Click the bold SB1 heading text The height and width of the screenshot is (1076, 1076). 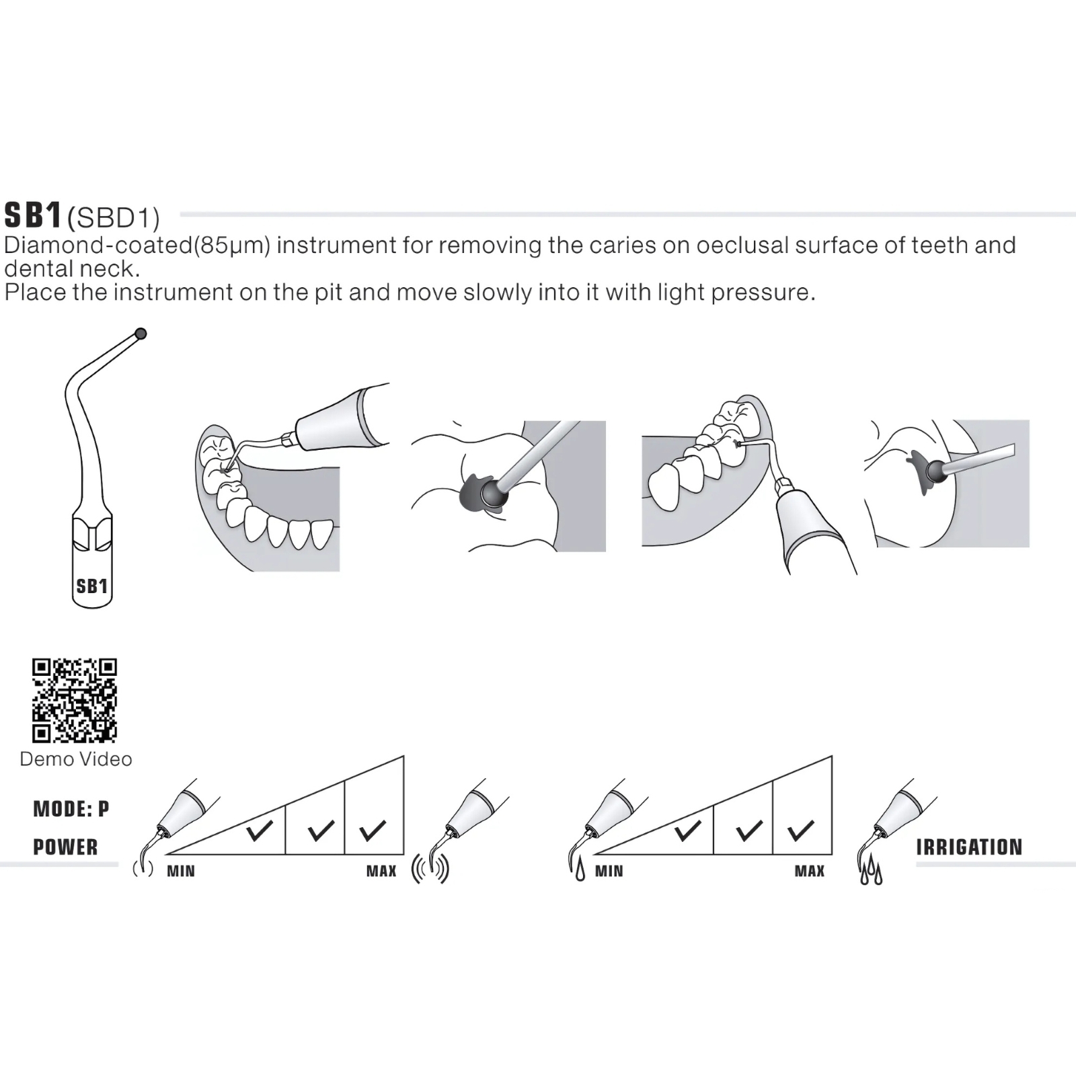point(34,215)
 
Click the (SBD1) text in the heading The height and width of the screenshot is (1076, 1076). point(114,218)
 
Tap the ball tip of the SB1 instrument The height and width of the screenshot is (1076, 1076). point(141,334)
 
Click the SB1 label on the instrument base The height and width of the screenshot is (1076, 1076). point(92,586)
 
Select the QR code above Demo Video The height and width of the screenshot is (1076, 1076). point(75,701)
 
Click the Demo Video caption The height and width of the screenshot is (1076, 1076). point(76,759)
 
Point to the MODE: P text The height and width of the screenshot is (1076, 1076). point(71,808)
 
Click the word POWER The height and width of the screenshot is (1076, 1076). point(66,847)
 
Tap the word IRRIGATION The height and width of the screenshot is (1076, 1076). point(969,847)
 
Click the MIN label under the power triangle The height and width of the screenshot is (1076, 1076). point(181,872)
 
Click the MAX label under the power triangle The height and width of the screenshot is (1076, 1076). point(381,872)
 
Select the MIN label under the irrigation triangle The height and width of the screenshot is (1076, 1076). point(609,872)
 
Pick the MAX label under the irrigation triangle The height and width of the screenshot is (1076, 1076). point(810,872)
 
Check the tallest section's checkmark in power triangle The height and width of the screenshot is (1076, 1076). point(373,831)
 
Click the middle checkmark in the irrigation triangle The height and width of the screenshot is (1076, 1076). point(749,831)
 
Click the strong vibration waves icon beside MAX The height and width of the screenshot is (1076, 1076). point(430,869)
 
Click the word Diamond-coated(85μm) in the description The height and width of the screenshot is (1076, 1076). point(137,245)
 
